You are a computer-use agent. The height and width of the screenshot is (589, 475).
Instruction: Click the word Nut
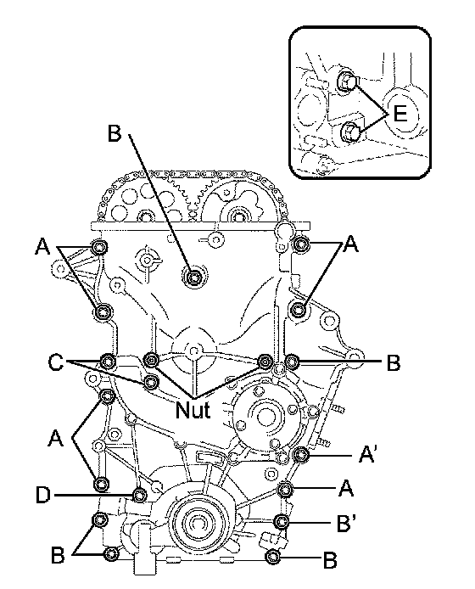[193, 409]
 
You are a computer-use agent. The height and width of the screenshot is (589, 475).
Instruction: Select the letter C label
[56, 362]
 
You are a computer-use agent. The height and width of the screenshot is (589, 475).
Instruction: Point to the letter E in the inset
[400, 113]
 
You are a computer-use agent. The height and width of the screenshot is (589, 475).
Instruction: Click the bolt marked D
[140, 495]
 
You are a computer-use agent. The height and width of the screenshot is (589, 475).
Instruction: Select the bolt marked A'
[300, 455]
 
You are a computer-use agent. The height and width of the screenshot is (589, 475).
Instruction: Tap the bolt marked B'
[282, 521]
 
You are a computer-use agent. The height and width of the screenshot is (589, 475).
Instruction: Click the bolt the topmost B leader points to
[193, 277]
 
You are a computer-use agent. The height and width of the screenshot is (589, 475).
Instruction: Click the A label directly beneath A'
[346, 488]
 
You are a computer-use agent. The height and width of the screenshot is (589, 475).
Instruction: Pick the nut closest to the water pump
[265, 361]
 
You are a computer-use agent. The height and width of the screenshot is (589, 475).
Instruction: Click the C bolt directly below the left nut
[151, 382]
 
